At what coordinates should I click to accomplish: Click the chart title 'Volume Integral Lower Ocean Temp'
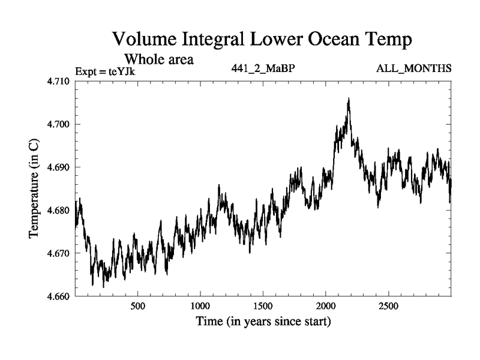pos(263,40)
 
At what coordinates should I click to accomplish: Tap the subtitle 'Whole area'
pos(158,59)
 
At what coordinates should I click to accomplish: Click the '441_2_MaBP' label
pos(263,68)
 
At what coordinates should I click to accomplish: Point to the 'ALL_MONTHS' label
pos(413,68)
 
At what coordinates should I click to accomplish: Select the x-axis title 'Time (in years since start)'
pos(263,322)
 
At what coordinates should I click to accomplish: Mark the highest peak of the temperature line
pos(348,98)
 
